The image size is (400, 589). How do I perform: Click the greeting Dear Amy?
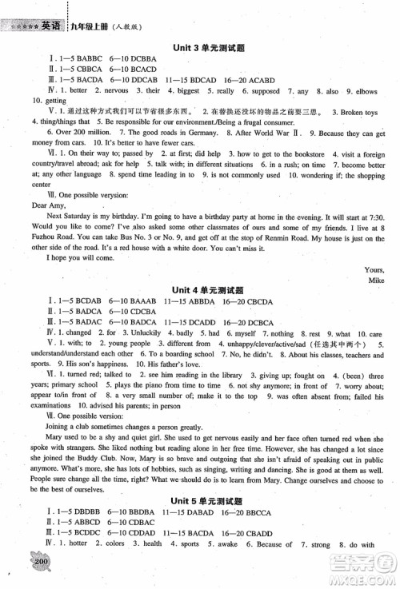pyautogui.click(x=30, y=204)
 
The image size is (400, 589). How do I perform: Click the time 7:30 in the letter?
pyautogui.click(x=374, y=215)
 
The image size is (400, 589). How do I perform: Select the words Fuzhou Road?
pyautogui.click(x=44, y=237)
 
